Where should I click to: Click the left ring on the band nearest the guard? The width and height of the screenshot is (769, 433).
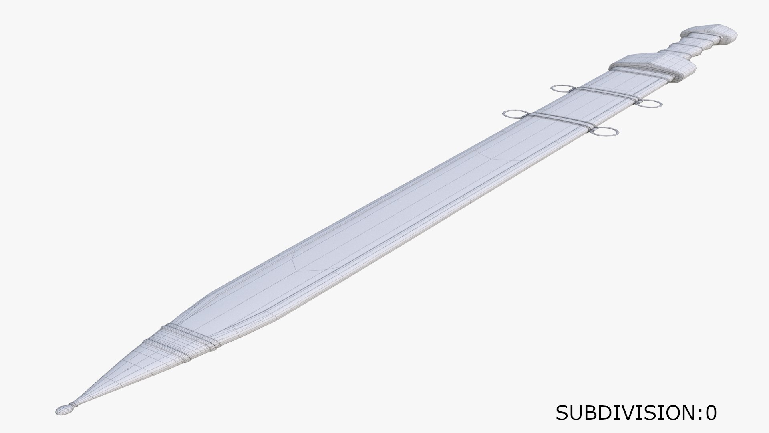click(x=563, y=89)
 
